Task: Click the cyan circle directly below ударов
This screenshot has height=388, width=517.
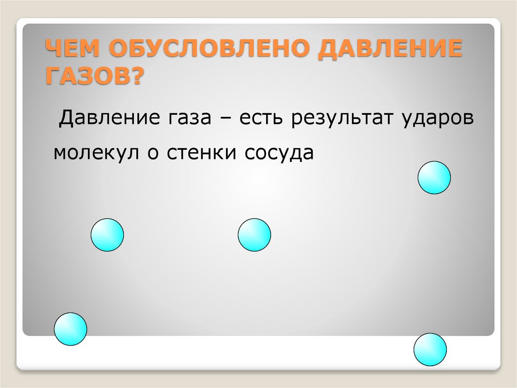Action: [434, 178]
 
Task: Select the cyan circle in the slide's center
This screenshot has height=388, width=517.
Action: [254, 235]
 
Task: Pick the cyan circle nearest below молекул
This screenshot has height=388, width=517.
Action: [107, 235]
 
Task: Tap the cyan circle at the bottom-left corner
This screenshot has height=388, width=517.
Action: [71, 329]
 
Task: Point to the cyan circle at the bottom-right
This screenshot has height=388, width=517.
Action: [430, 350]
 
